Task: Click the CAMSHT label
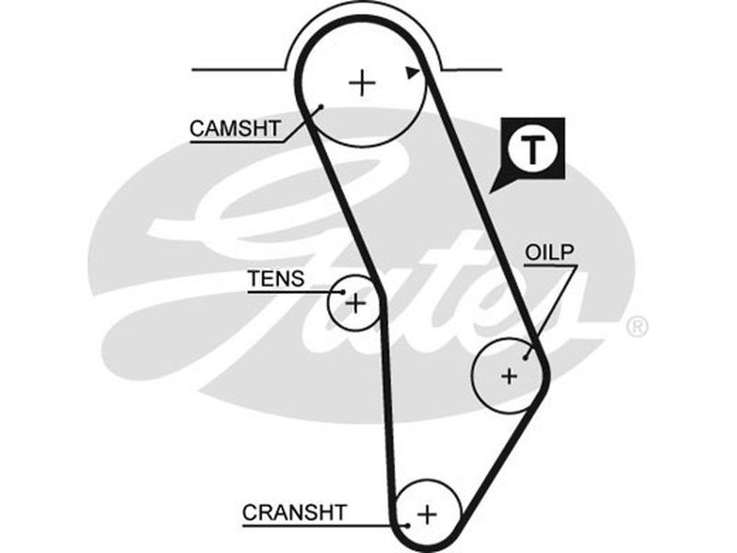[x=234, y=128]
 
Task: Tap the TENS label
[x=275, y=278]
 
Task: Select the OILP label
[x=551, y=252]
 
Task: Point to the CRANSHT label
[x=295, y=511]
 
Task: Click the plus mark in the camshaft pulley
[x=363, y=84]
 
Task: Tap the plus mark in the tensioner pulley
[x=355, y=301]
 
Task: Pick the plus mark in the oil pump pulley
[x=509, y=375]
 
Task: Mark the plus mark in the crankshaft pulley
[x=427, y=513]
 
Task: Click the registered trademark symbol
[x=637, y=326]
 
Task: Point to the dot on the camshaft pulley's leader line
[x=321, y=108]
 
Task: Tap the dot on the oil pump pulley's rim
[x=527, y=356]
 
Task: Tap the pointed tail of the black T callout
[x=495, y=187]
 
